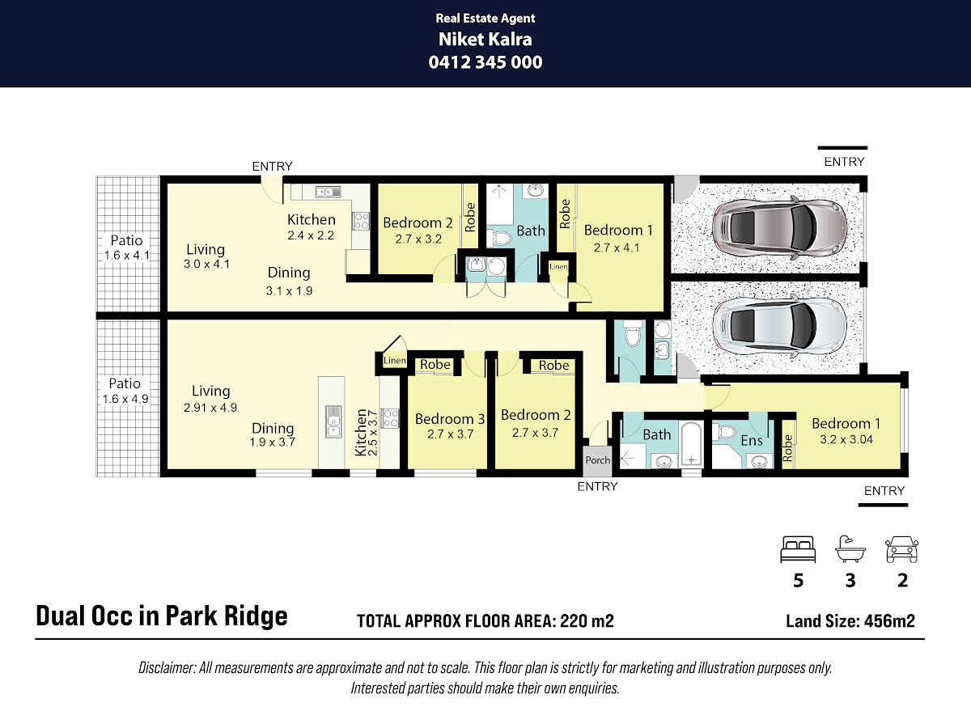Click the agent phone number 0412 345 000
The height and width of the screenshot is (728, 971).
click(x=485, y=62)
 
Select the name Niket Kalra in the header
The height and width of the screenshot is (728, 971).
click(x=485, y=40)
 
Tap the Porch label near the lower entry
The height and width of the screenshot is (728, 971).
click(x=598, y=460)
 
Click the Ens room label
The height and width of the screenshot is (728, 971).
click(x=752, y=440)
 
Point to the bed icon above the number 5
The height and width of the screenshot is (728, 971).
click(x=798, y=549)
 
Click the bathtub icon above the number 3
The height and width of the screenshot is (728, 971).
click(x=850, y=549)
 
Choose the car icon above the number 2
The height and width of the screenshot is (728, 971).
click(x=902, y=549)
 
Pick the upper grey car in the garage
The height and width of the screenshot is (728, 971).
click(x=779, y=229)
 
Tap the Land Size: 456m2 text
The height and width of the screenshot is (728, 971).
click(x=850, y=621)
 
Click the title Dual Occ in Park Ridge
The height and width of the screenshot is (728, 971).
click(x=162, y=616)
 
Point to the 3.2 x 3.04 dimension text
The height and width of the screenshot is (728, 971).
click(x=846, y=439)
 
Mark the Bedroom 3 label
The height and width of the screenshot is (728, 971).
click(x=450, y=419)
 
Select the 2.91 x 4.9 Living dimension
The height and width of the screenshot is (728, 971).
click(x=210, y=407)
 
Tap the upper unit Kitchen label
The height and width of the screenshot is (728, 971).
click(x=311, y=220)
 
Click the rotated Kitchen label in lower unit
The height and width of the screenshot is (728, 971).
click(x=361, y=432)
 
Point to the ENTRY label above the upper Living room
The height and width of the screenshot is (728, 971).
click(x=272, y=166)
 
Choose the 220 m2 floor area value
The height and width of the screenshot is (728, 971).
click(x=587, y=621)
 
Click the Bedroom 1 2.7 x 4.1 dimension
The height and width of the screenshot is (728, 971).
click(x=617, y=248)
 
